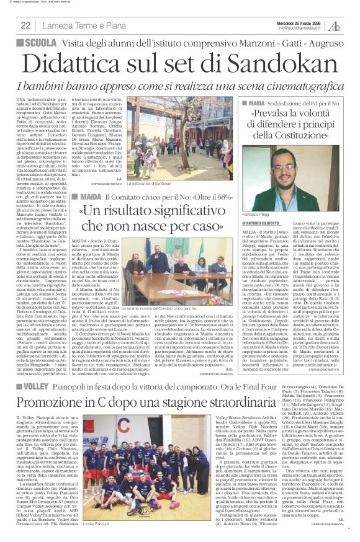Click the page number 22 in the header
(25, 25)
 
